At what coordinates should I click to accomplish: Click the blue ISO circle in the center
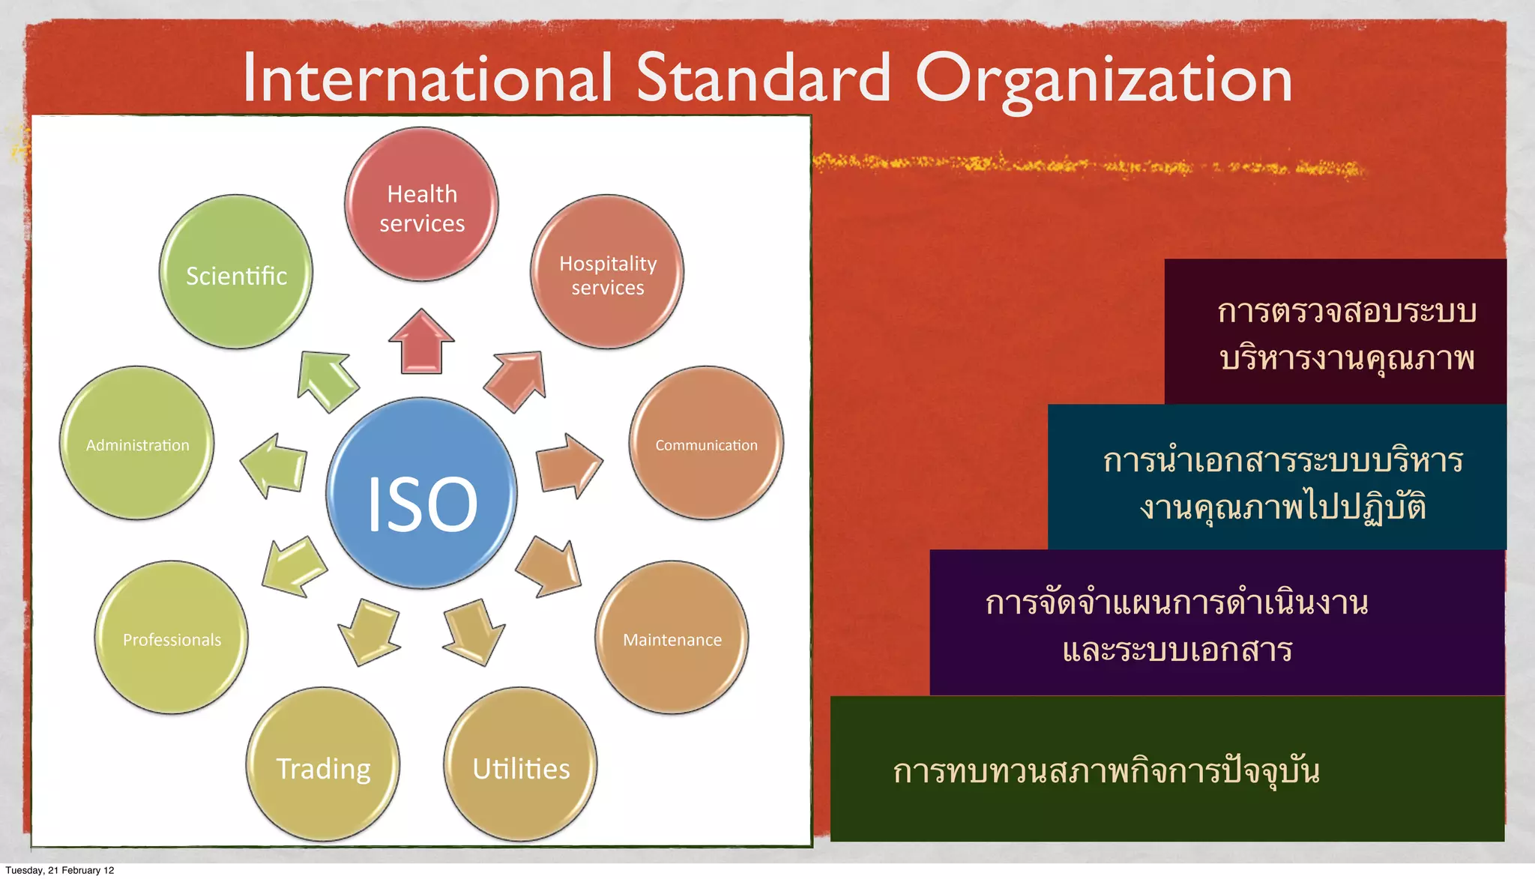(422, 494)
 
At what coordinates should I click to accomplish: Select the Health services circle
(421, 205)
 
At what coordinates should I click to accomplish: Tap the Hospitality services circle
(607, 272)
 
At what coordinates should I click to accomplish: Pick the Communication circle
(706, 444)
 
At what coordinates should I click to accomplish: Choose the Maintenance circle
(672, 638)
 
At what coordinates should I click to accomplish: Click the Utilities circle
(521, 764)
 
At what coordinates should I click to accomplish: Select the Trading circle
(323, 764)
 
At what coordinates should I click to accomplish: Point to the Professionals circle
(172, 638)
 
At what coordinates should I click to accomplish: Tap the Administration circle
(137, 444)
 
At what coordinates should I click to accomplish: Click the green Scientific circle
(236, 272)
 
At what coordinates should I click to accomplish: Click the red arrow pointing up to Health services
(421, 342)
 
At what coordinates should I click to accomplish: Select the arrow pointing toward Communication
(568, 465)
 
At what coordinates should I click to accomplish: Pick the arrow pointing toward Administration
(275, 465)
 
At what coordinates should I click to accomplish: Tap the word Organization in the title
(1103, 79)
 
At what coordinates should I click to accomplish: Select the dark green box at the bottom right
(1167, 769)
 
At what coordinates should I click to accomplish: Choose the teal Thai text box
(1277, 477)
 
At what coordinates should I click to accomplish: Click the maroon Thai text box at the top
(1336, 332)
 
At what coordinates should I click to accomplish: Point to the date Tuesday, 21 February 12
(60, 870)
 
